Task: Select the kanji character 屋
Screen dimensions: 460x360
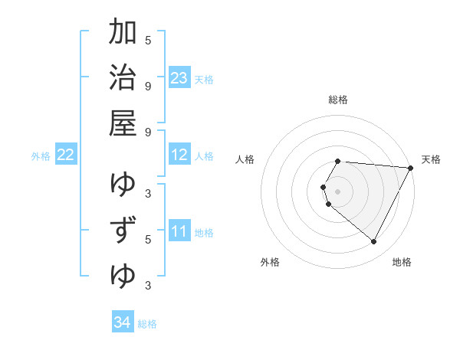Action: click(x=123, y=123)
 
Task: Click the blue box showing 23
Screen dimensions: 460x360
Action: click(x=179, y=77)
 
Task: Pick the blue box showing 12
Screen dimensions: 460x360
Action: click(x=179, y=155)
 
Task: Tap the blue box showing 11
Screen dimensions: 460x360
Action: click(x=179, y=231)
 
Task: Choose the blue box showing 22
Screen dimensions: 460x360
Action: click(x=66, y=155)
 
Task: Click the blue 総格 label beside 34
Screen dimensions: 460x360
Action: click(x=147, y=324)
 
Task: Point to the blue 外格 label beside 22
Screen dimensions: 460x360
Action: click(x=41, y=156)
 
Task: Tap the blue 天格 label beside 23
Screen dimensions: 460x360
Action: click(x=204, y=79)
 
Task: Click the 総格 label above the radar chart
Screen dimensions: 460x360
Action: click(x=338, y=100)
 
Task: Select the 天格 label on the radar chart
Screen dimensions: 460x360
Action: click(x=431, y=159)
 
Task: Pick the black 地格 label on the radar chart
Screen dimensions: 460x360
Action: click(x=402, y=262)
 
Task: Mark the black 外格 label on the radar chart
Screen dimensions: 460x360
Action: click(x=270, y=262)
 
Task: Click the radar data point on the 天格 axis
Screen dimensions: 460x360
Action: click(x=411, y=168)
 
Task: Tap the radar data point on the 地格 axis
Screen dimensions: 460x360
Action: click(x=374, y=242)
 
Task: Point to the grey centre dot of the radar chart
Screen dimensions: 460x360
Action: click(x=338, y=191)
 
